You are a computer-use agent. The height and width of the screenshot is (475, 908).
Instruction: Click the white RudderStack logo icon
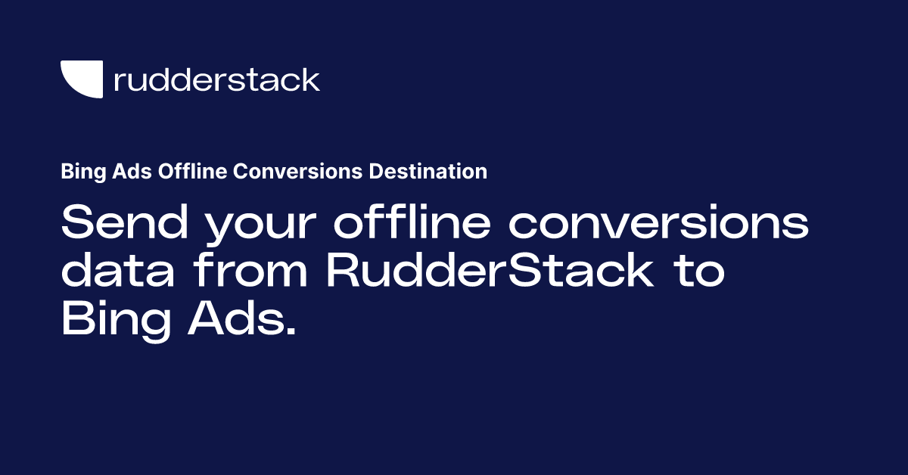81,79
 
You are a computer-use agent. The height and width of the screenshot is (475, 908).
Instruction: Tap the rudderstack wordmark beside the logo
216,79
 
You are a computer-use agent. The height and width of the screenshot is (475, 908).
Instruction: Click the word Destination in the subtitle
428,172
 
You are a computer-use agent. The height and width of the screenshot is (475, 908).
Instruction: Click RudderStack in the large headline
490,272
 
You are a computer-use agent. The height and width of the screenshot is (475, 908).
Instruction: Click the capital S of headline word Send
77,223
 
